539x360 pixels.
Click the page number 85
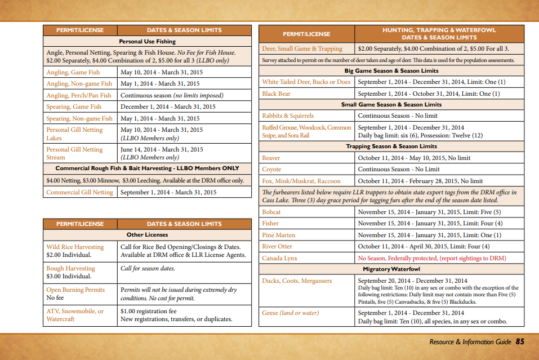point(520,341)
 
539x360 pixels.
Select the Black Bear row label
point(277,94)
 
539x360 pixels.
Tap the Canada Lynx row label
point(279,258)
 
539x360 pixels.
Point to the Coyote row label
point(271,169)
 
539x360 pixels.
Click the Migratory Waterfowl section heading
point(391,269)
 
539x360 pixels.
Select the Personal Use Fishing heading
point(147,41)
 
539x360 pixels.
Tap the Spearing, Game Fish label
point(74,106)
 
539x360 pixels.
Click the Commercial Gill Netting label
point(79,192)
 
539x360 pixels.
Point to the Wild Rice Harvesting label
point(75,247)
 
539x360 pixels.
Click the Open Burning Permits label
point(75,290)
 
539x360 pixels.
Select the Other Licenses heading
point(147,234)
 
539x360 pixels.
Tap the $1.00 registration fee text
point(148,311)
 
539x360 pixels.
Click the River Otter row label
point(277,246)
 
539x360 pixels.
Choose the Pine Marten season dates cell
point(429,235)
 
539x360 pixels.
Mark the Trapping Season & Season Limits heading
point(391,146)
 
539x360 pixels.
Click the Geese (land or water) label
point(291,313)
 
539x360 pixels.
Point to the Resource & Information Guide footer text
point(470,342)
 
